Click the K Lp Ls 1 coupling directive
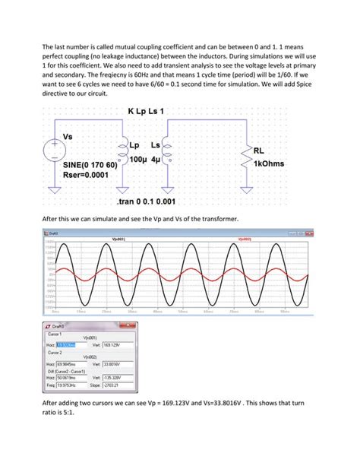click(x=145, y=113)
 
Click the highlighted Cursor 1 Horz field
click(x=69, y=344)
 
